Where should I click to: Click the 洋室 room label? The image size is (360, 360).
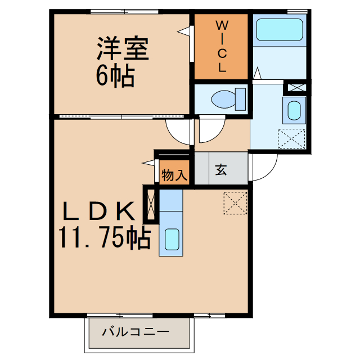(122, 49)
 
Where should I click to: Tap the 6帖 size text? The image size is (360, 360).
(115, 76)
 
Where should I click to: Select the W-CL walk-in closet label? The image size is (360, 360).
(222, 47)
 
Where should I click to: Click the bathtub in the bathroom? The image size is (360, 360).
(280, 30)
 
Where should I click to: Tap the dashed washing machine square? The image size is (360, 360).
(292, 138)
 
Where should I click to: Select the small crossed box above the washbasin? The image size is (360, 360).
(297, 88)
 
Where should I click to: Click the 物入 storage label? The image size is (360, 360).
(174, 175)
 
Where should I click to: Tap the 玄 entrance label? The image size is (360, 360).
(220, 169)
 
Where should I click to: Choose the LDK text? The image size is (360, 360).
(98, 212)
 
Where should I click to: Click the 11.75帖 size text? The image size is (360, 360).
(102, 238)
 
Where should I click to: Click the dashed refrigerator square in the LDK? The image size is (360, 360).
(235, 202)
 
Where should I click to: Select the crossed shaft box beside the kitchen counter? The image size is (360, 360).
(150, 204)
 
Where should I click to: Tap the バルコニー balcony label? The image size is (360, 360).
(135, 332)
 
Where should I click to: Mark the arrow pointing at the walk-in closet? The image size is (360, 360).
(184, 31)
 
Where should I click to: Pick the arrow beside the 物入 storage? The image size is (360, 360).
(148, 163)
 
